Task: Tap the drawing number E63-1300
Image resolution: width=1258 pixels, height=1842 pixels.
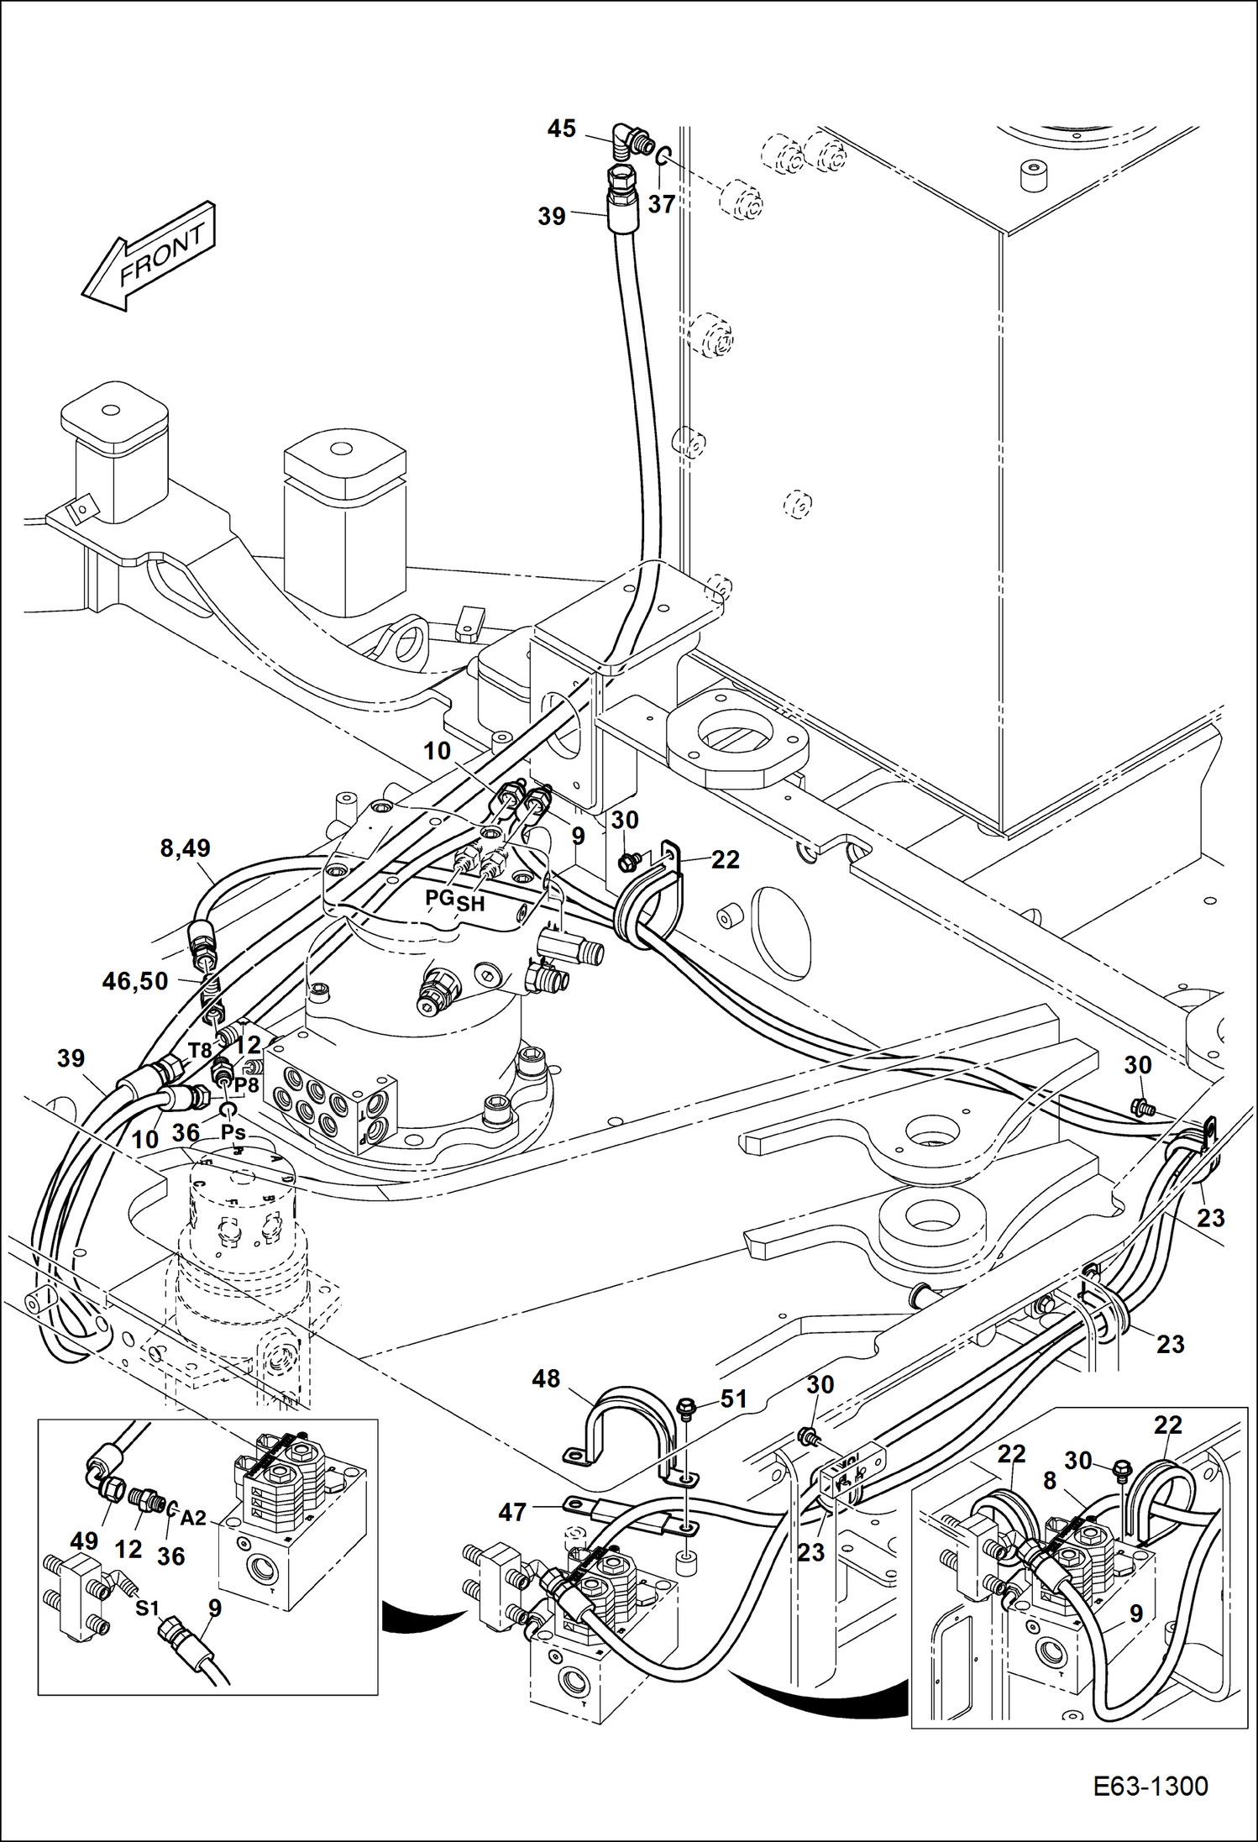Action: click(1151, 1786)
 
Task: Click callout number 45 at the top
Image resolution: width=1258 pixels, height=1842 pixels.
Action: click(562, 129)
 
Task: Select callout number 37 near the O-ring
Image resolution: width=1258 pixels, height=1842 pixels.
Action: click(662, 204)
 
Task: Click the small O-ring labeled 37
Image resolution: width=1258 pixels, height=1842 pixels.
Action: click(663, 155)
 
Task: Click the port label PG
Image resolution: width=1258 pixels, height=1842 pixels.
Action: click(439, 897)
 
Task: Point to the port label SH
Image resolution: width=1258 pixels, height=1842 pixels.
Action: click(470, 904)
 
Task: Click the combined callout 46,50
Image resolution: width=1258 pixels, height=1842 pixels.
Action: click(135, 980)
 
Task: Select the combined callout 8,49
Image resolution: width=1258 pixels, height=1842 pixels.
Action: click(185, 848)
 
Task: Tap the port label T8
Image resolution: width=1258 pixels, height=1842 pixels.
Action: click(200, 1050)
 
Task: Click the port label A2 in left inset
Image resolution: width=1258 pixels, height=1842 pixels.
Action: click(193, 1517)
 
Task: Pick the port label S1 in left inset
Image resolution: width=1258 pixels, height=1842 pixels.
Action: click(147, 1608)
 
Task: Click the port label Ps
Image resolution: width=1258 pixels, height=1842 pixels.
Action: click(233, 1132)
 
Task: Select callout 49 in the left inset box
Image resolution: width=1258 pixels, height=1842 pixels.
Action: click(84, 1540)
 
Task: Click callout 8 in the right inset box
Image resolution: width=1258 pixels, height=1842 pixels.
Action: click(1049, 1483)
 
